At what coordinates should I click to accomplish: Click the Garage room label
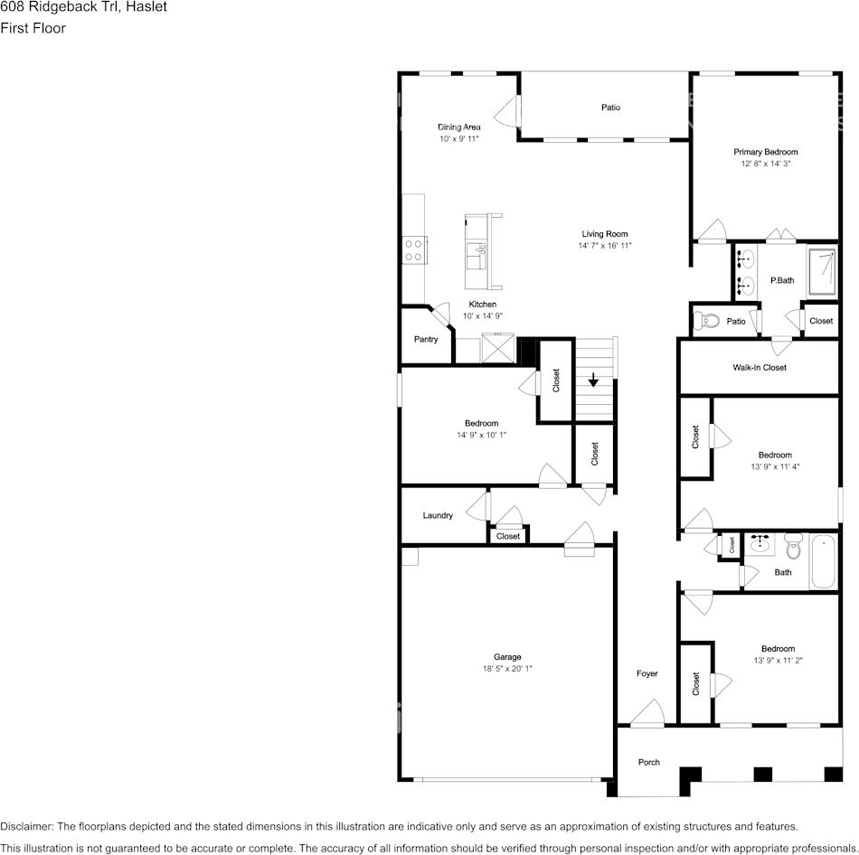506,657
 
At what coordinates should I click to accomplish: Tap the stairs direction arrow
593,379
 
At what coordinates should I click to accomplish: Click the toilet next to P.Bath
706,321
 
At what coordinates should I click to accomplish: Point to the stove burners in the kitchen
414,249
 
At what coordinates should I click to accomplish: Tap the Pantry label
426,340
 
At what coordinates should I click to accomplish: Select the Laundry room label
438,515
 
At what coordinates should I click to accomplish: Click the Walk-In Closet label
759,368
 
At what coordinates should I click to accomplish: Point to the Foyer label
647,673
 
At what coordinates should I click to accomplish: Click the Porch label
648,762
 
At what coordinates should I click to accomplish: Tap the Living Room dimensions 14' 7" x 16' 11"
605,246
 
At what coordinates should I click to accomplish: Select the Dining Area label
458,127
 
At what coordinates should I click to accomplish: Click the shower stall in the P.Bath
823,270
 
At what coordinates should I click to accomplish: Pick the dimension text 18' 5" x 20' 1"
506,669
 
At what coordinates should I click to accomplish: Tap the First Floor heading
33,28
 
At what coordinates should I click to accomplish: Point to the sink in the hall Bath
760,545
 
